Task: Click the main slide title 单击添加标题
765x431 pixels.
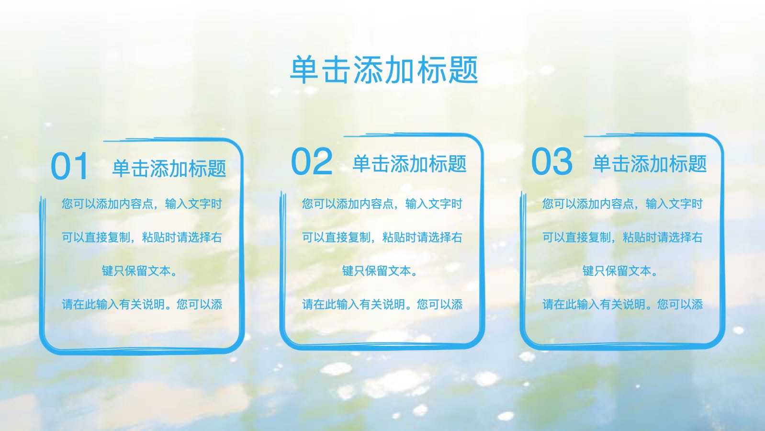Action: tap(384, 69)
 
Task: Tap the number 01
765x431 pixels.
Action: tap(70, 166)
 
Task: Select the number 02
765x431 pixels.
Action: tap(312, 161)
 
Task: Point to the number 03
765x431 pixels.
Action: tap(552, 161)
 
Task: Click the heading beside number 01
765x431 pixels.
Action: tap(169, 168)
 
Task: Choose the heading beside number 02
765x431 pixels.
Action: tap(409, 163)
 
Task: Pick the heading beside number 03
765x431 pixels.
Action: tap(650, 163)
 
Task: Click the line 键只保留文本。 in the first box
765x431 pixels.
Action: tap(140, 271)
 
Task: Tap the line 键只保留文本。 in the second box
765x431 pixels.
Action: tap(380, 271)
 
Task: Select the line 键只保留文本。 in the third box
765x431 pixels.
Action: tap(620, 271)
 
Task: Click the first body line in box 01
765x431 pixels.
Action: tap(142, 204)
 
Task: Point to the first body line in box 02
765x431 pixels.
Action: tap(382, 204)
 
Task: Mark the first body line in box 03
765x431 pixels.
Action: tap(623, 204)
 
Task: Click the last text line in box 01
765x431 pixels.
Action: tap(142, 304)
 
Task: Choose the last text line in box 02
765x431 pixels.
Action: tap(382, 304)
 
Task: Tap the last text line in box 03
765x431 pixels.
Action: tap(623, 304)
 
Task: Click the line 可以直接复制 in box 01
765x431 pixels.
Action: tap(142, 237)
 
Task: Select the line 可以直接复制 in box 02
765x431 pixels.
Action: tap(382, 237)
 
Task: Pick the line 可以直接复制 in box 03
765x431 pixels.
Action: tap(623, 237)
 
